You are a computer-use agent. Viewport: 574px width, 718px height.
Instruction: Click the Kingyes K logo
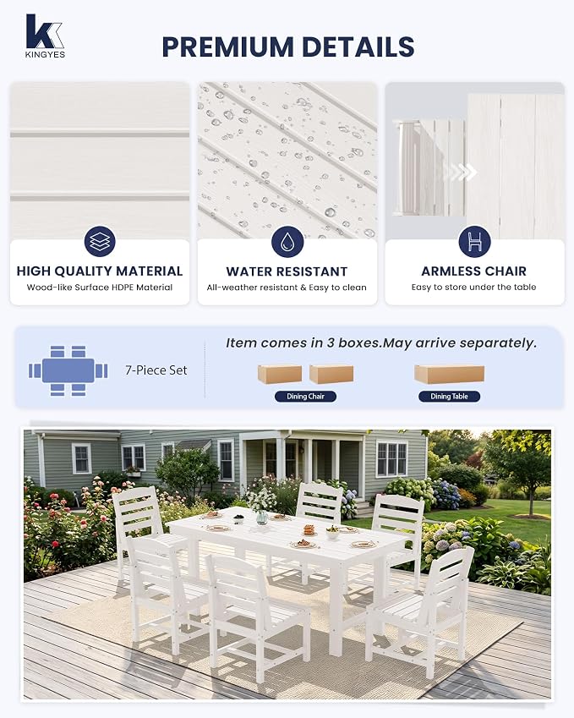(45, 31)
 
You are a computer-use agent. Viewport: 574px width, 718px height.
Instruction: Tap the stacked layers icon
(100, 241)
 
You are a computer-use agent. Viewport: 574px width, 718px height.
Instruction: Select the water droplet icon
(287, 241)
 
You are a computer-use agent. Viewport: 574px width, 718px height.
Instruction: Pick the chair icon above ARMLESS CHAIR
(474, 241)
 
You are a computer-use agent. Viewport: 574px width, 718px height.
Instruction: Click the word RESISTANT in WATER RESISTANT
(313, 271)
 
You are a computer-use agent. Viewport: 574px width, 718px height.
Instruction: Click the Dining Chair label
(305, 397)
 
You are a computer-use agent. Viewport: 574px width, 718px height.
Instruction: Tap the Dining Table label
(449, 397)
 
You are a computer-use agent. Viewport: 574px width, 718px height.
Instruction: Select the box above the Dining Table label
(449, 374)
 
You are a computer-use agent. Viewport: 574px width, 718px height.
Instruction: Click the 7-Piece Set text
(156, 370)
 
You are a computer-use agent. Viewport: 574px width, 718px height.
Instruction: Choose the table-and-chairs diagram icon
(68, 370)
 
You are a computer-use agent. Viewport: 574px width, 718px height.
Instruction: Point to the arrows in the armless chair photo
(461, 173)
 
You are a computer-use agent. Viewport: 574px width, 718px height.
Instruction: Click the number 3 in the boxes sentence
(330, 343)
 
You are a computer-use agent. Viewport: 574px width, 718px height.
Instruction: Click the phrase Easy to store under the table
(473, 287)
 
